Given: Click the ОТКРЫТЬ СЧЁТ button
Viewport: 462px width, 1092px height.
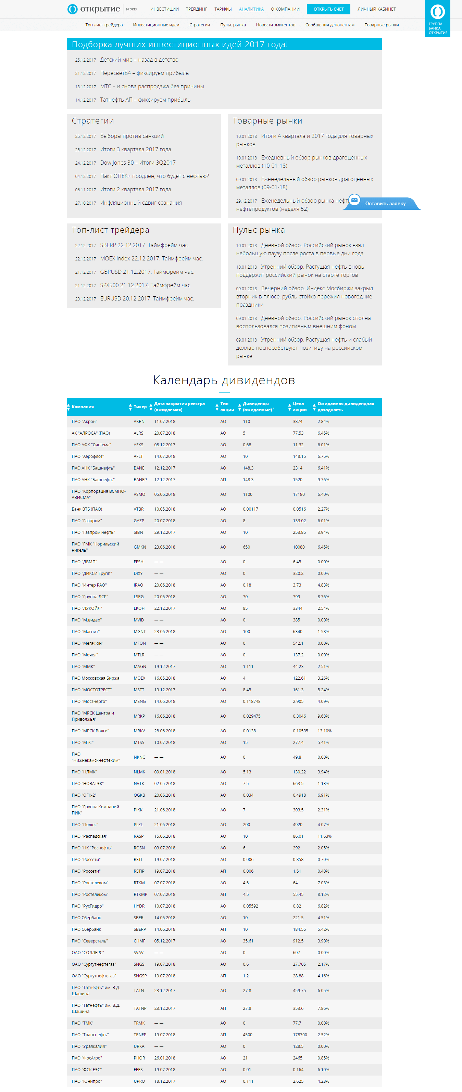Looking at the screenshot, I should [x=328, y=9].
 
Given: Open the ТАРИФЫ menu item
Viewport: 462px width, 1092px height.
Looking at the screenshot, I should [x=223, y=9].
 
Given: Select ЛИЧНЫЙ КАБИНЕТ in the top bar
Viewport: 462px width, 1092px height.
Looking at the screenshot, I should [x=376, y=9].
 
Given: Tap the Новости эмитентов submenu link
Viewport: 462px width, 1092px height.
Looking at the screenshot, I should [x=275, y=25].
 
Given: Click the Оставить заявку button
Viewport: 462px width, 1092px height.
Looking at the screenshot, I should [x=385, y=204].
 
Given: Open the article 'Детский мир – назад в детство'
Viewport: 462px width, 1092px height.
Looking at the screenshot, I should [x=139, y=60].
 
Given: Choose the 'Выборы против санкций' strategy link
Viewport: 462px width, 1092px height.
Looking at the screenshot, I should [x=132, y=136].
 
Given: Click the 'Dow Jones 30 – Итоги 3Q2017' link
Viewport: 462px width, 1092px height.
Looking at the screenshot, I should [x=137, y=163].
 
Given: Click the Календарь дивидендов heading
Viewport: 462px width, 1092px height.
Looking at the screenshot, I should [x=224, y=380].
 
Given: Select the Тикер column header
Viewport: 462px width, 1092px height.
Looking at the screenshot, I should [x=140, y=407].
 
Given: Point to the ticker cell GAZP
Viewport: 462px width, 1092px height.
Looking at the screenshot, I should [x=139, y=521].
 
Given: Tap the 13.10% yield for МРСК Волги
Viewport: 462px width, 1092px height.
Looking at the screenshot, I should [x=325, y=731].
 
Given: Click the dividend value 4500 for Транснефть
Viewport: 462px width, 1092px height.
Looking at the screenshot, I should [x=247, y=1035].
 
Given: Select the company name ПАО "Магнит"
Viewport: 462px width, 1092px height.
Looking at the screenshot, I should [x=85, y=632].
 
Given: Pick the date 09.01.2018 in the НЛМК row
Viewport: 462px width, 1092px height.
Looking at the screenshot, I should [x=165, y=772].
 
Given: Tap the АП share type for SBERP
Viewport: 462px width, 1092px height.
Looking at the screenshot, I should [x=223, y=929].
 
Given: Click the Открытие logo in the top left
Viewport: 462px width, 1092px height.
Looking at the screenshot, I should [x=94, y=9].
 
